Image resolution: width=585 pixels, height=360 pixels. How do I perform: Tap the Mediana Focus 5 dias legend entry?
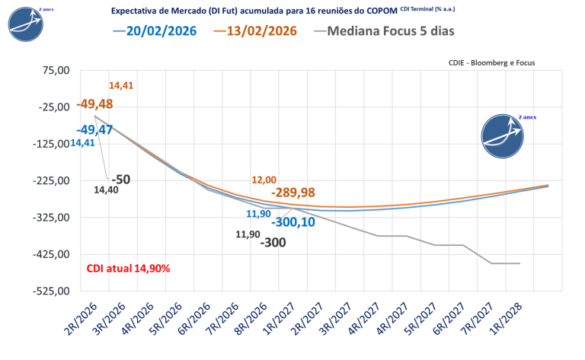[385, 31]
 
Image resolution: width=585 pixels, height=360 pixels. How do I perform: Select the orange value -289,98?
[287, 193]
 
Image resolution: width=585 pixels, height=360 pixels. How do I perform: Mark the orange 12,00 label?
[264, 180]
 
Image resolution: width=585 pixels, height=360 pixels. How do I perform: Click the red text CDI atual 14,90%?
[127, 268]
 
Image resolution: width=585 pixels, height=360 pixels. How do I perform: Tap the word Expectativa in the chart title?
[137, 11]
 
